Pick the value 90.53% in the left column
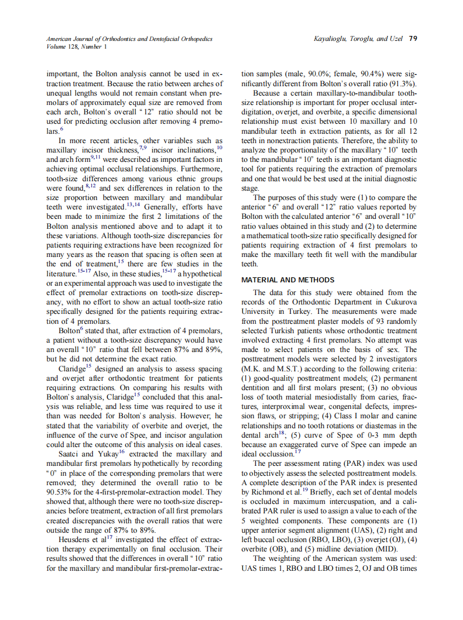point(60,492)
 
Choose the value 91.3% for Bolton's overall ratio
point(403,83)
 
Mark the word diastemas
point(383,425)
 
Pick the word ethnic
point(183,179)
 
